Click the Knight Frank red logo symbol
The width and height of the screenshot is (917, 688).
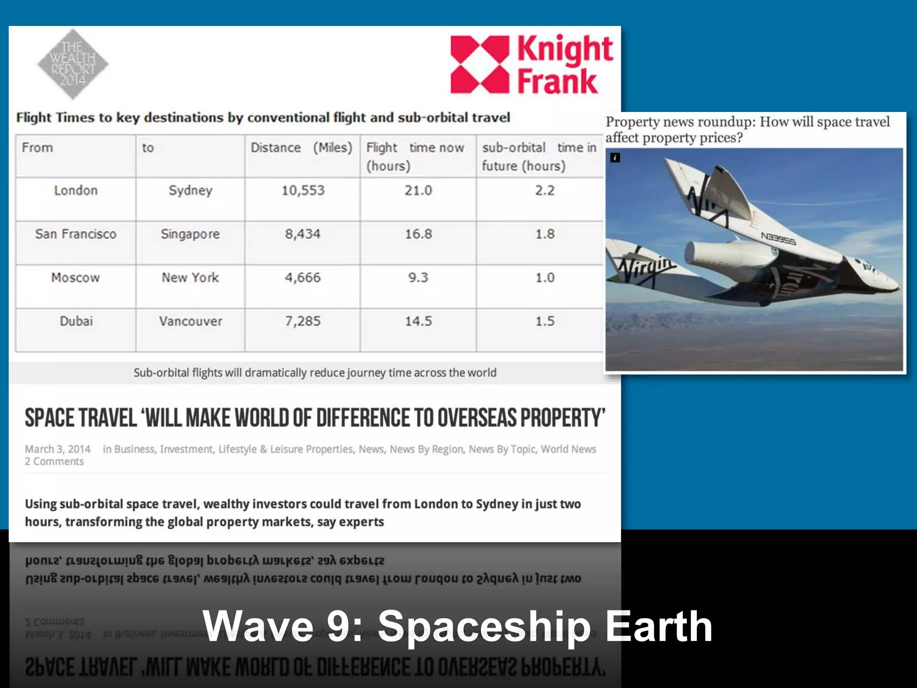coord(480,64)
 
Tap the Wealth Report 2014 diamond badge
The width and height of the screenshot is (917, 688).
coord(73,64)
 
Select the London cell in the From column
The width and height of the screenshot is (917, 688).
coord(76,191)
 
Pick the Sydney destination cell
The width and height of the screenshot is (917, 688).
coord(190,191)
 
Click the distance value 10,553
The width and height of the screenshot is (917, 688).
coord(303,191)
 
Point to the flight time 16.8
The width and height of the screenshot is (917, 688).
coord(418,234)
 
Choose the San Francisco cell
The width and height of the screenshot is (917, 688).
coord(76,234)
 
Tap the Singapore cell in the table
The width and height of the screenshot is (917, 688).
coord(190,234)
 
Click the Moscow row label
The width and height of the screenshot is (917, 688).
coord(76,278)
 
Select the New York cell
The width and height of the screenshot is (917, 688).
coord(190,278)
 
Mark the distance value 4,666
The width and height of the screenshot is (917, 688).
coord(303,278)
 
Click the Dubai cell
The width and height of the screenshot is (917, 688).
coord(76,321)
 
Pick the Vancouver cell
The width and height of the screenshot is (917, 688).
coord(190,321)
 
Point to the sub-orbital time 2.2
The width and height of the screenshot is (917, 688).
coord(544,191)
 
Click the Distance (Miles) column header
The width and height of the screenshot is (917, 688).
coord(301,148)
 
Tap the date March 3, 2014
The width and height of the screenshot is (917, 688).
coord(58,449)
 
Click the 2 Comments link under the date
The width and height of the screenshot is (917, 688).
coord(54,462)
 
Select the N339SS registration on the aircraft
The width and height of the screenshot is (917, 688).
coord(778,239)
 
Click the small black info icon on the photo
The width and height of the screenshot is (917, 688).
coord(615,158)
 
